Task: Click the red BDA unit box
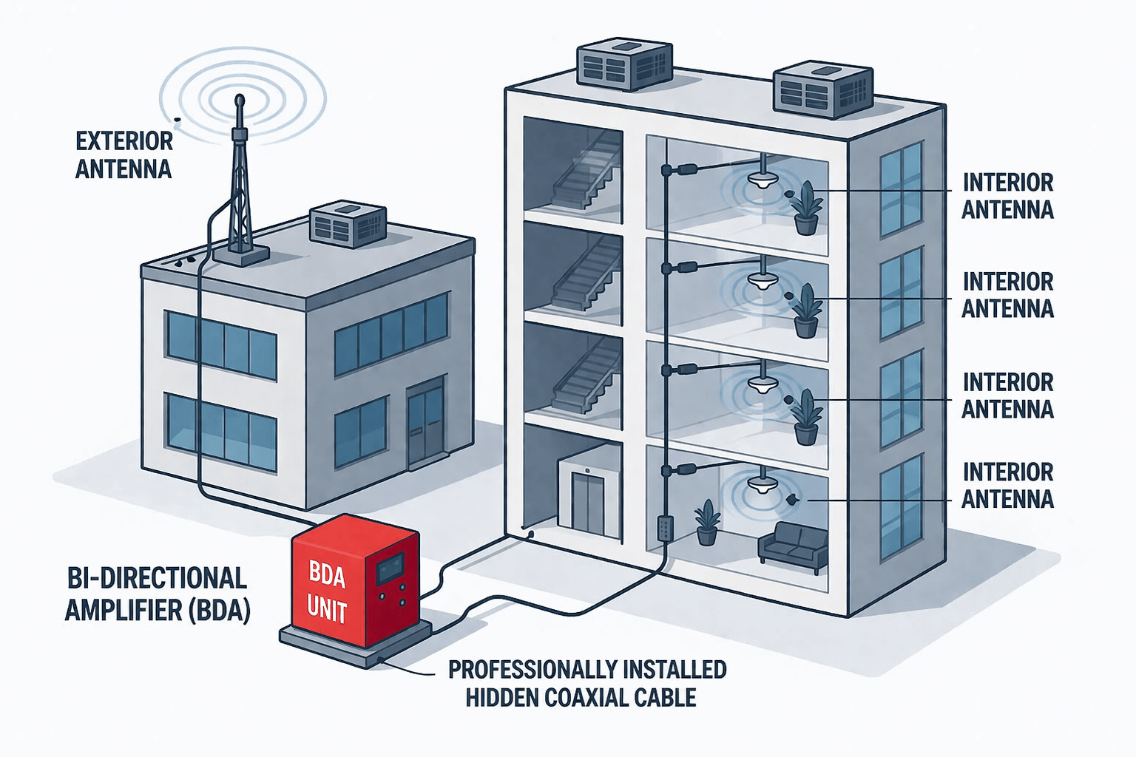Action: (355, 584)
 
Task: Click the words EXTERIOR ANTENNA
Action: (124, 155)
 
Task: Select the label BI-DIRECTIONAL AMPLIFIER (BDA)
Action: (157, 594)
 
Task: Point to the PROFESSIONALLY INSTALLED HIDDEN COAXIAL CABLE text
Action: (586, 683)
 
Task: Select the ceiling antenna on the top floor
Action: (762, 177)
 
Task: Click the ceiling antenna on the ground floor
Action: (761, 483)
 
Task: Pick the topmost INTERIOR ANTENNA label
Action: (1007, 196)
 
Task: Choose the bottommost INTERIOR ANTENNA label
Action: (1007, 485)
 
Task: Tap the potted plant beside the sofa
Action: (707, 522)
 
